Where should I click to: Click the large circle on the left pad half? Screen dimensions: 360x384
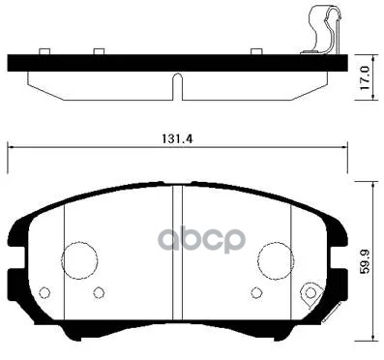pos(79,258)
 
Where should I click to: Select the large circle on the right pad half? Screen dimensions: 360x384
pos(276,258)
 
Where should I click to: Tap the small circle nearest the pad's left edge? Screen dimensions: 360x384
pos(44,291)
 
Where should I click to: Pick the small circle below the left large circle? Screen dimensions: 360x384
pos(98,293)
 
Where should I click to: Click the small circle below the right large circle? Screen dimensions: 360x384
pos(255,293)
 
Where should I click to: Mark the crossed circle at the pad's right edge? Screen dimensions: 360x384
pos(310,291)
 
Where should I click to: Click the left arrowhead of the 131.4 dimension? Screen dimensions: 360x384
pos(11,148)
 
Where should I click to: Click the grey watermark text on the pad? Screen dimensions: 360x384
pos(206,239)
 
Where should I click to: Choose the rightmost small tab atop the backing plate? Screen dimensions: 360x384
pos(255,51)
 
